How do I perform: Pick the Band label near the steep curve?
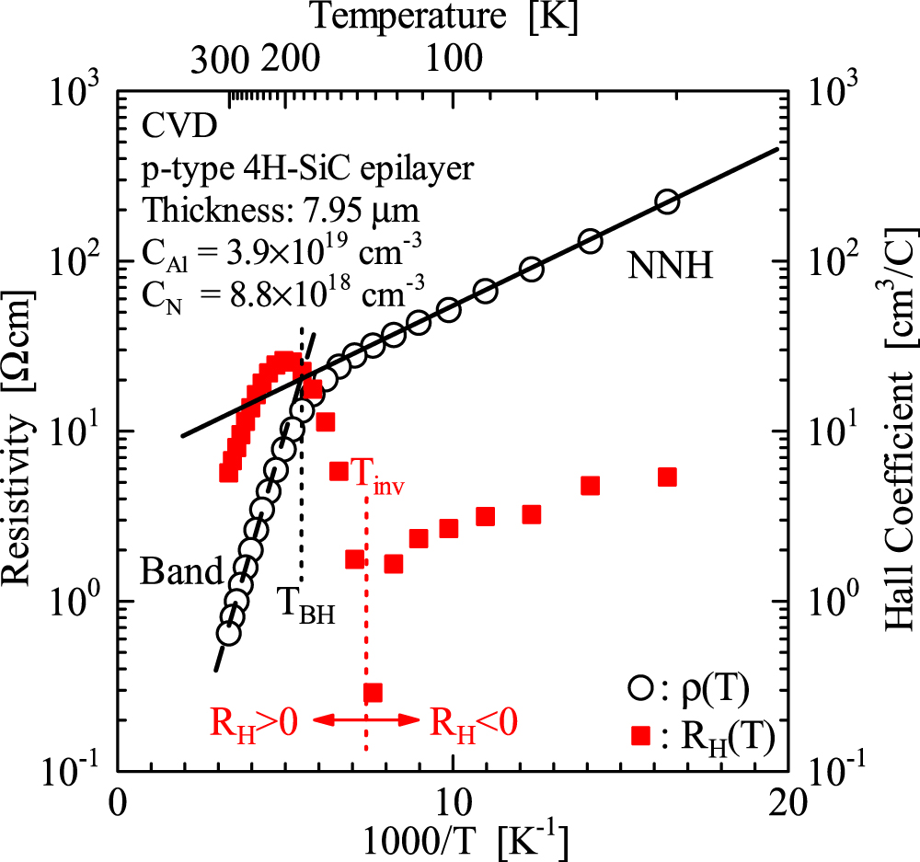pyautogui.click(x=181, y=572)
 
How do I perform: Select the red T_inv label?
pyautogui.click(x=378, y=479)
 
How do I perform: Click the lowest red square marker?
pyautogui.click(x=373, y=692)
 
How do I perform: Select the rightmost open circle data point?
pyautogui.click(x=668, y=201)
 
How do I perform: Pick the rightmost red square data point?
pyautogui.click(x=668, y=477)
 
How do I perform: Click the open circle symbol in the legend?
pyautogui.click(x=640, y=687)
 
